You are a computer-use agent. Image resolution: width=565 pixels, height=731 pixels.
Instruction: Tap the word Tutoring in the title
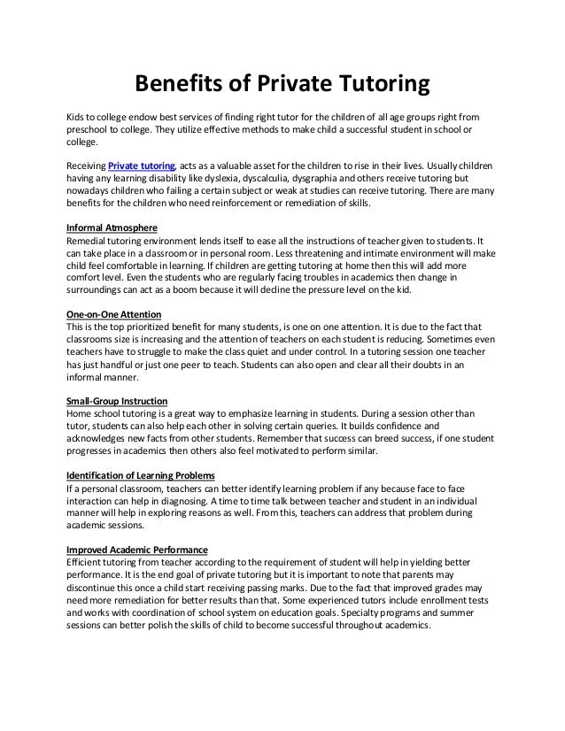click(383, 84)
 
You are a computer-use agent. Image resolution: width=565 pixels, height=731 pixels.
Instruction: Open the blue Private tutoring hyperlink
click(142, 165)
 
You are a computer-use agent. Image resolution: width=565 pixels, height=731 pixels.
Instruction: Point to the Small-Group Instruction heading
click(118, 401)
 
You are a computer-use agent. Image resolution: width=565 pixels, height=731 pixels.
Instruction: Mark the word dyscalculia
click(276, 178)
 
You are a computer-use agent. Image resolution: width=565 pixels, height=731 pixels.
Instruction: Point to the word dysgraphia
click(333, 178)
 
